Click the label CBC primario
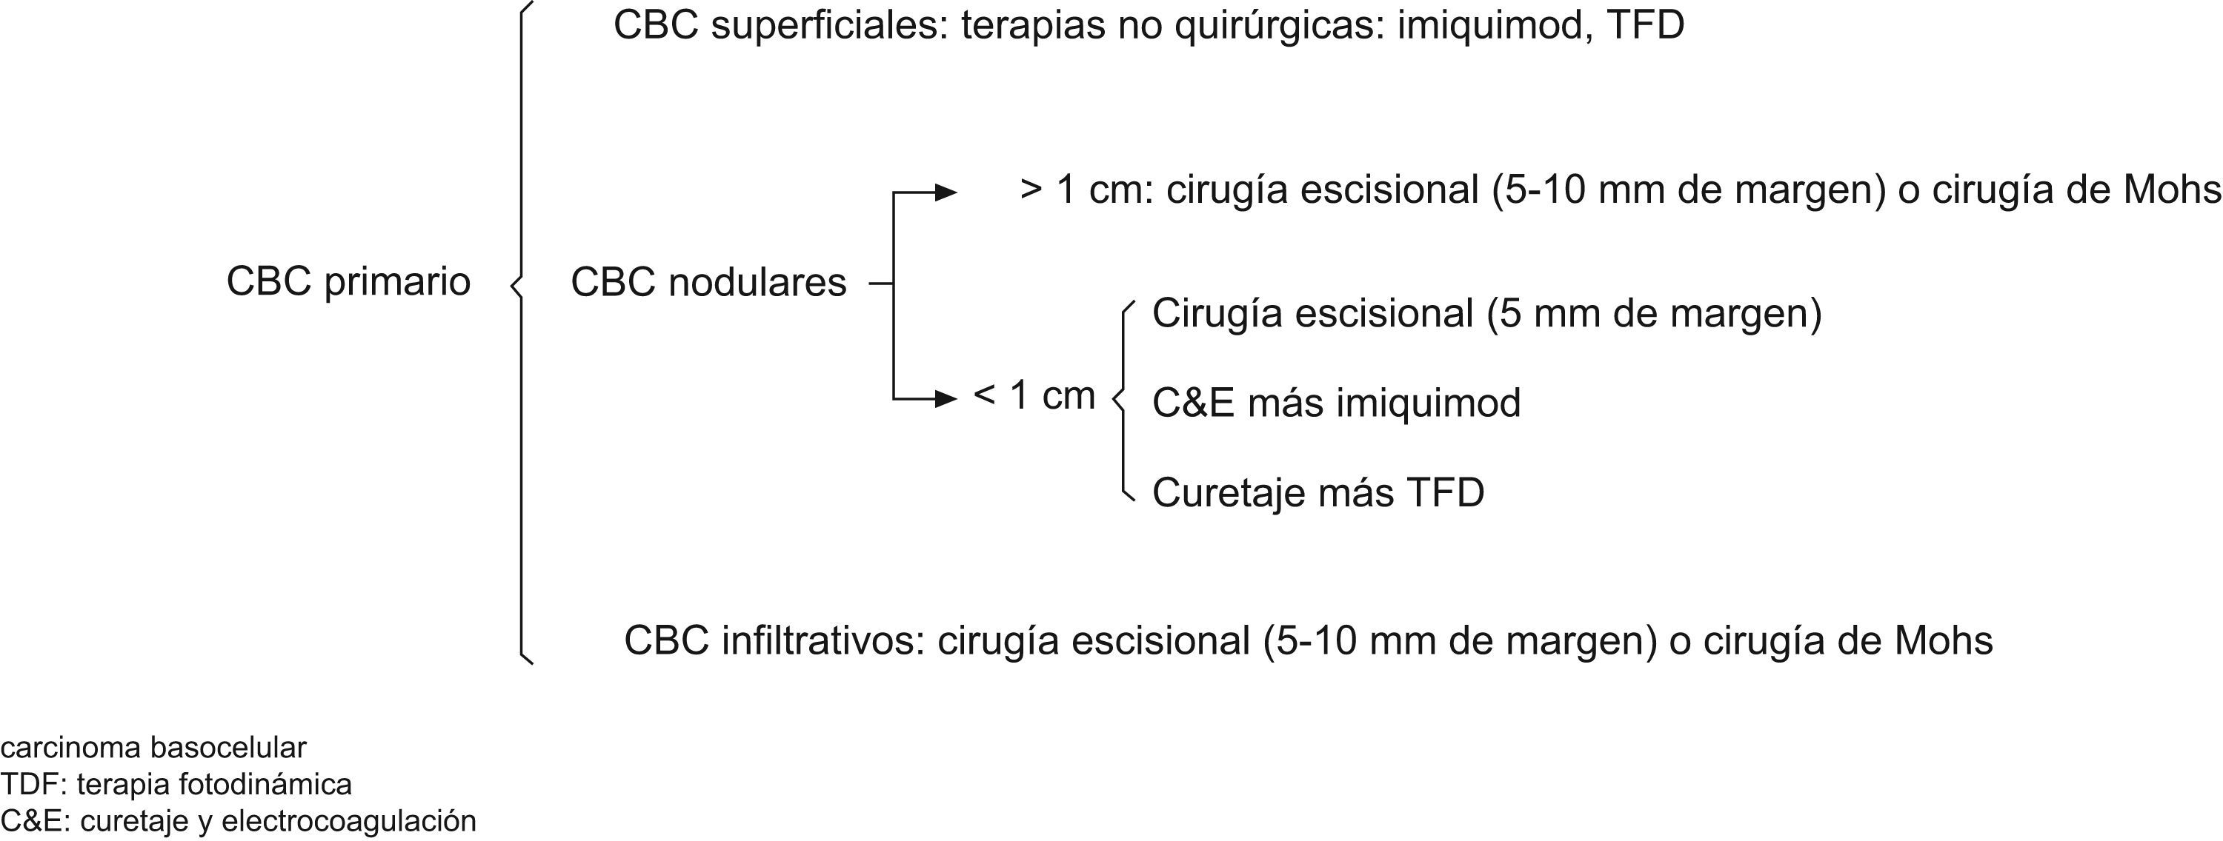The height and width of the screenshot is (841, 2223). pos(348,282)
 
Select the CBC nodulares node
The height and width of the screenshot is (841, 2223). pos(708,283)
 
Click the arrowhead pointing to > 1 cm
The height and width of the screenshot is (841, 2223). pos(947,192)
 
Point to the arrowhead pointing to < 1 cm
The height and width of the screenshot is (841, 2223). pos(947,398)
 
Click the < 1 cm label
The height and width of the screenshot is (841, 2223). pos(1034,395)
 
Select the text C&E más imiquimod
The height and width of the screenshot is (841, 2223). pos(1336,403)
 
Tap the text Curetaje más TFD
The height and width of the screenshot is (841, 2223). pos(1317,492)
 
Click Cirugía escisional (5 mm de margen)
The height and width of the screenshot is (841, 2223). pos(1486,313)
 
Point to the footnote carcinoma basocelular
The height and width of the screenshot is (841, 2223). pos(153,746)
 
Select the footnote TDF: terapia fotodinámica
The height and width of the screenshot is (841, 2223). pos(176,784)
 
